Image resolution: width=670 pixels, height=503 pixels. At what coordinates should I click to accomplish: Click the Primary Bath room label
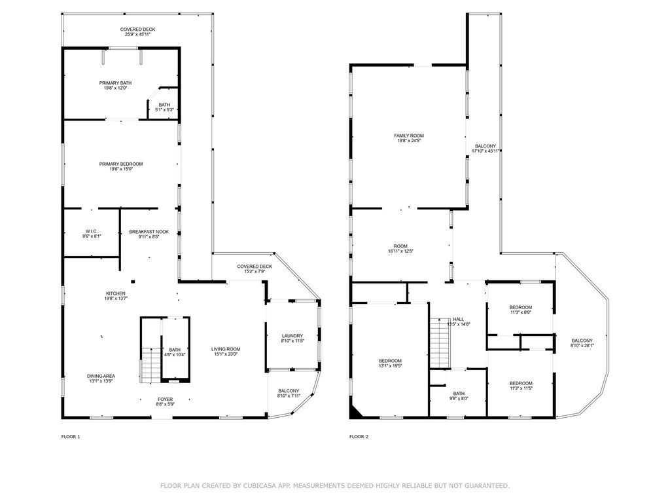(115, 83)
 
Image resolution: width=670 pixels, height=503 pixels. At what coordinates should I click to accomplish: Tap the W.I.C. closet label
(92, 231)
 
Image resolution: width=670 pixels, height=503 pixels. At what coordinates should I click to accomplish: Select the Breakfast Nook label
(149, 232)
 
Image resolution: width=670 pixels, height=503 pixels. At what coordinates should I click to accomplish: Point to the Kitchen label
(115, 293)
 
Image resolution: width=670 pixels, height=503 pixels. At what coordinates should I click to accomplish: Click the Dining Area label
(101, 377)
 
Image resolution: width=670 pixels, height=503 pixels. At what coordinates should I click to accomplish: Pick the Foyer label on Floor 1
(165, 400)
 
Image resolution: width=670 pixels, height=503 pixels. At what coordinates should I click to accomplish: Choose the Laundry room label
(292, 336)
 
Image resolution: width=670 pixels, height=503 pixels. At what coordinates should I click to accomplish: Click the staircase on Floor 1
(150, 365)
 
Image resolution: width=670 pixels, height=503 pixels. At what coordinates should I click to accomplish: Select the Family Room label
(409, 136)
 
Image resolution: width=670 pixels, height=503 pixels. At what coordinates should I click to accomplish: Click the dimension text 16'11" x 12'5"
(400, 251)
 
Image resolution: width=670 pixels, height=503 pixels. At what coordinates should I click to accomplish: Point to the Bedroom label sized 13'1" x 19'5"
(390, 361)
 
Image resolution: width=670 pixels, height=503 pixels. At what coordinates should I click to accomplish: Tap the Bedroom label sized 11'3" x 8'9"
(520, 308)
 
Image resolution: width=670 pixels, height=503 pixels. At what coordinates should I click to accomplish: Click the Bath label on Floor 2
(459, 394)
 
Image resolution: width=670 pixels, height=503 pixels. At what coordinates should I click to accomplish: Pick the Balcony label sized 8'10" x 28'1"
(582, 341)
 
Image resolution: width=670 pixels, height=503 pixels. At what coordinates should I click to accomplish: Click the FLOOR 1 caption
(71, 437)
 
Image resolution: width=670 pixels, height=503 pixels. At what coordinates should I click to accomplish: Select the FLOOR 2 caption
(359, 437)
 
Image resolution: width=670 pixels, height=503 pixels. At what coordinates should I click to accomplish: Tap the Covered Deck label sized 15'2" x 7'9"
(255, 267)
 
